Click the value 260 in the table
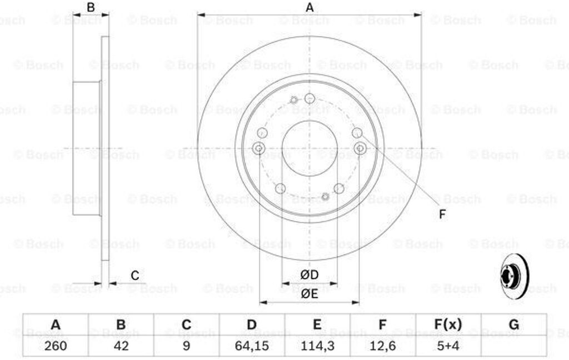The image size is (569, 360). tap(56, 346)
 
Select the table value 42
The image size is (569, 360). tap(121, 346)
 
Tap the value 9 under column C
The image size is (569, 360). tap(186, 346)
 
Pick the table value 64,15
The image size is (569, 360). tap(252, 346)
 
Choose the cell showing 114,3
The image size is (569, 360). tap(317, 346)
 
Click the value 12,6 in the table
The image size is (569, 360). tap(382, 346)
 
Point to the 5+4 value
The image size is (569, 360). tap(448, 346)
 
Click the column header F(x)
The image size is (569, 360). tap(448, 324)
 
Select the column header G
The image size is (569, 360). tap(514, 324)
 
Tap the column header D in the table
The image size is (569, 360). tap(252, 324)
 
